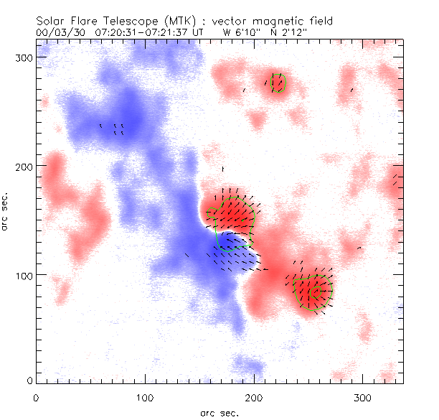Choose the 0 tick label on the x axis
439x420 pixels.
click(x=35, y=397)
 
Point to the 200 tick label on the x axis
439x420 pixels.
click(x=254, y=397)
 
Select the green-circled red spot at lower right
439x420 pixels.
click(x=313, y=289)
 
